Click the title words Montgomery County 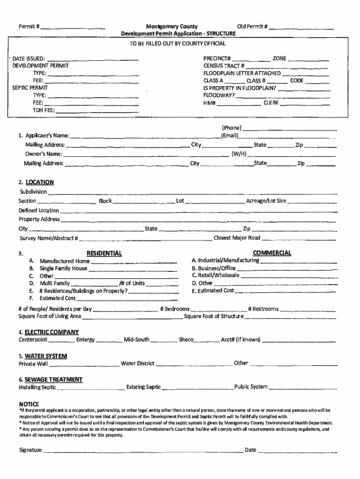(x=171, y=27)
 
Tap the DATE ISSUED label (x=29, y=58)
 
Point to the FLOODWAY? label (x=219, y=95)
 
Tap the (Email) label (x=230, y=136)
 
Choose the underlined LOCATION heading (x=39, y=182)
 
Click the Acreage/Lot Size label (x=266, y=201)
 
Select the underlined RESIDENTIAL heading (x=104, y=253)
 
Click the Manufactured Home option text (x=65, y=261)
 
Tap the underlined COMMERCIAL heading (x=272, y=253)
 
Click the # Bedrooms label (x=174, y=309)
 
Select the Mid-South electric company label (x=137, y=339)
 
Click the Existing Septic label (x=144, y=387)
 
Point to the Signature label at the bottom (x=30, y=450)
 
